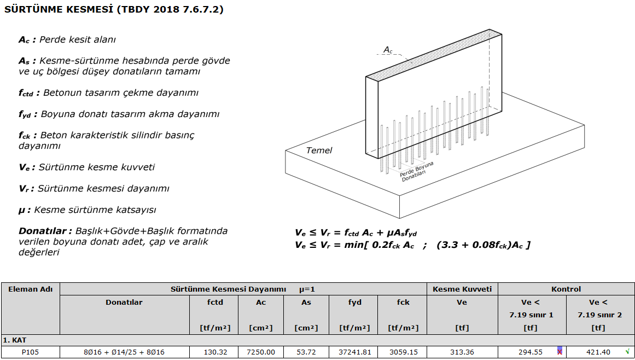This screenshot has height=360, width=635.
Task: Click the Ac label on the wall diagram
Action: (388, 49)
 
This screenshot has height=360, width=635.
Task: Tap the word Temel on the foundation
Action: (319, 150)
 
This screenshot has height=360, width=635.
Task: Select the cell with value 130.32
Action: (215, 352)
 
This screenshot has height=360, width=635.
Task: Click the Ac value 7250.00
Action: (261, 352)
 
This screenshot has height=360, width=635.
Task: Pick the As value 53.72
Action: (306, 352)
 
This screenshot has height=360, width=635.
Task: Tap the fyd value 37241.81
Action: (355, 352)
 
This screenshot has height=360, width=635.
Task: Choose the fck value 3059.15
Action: (403, 352)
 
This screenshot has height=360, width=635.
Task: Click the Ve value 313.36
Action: (462, 352)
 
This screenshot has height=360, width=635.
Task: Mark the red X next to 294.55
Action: (560, 351)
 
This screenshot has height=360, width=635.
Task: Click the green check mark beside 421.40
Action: (628, 351)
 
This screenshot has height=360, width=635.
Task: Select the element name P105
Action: (31, 352)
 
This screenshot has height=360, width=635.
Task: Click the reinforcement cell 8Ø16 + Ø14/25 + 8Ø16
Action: (124, 352)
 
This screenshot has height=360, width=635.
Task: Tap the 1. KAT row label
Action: (14, 340)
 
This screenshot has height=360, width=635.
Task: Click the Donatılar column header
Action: (124, 302)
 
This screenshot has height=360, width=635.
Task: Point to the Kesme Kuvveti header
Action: (462, 289)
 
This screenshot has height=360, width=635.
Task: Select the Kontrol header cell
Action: (566, 289)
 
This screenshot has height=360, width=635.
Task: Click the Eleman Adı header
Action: (31, 289)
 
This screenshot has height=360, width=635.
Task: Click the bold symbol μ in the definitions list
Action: (22, 210)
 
